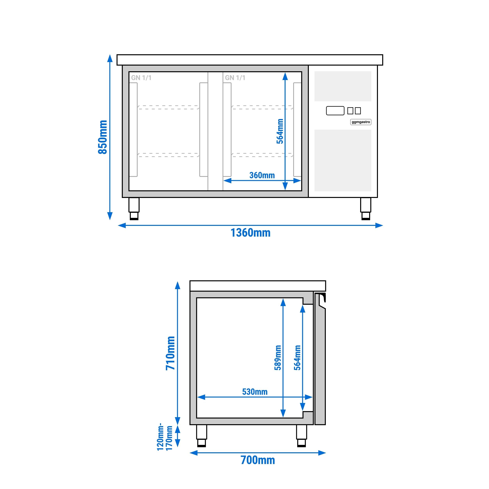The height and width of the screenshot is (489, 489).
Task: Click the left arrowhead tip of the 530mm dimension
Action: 197,397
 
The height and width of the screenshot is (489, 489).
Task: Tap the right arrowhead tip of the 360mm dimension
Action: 301,180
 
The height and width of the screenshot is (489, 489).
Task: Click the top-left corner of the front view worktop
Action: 117,55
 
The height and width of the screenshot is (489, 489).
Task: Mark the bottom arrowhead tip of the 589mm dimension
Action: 283,418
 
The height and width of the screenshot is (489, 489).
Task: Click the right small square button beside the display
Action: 358,111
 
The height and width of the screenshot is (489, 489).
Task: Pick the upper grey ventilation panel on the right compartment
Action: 343,86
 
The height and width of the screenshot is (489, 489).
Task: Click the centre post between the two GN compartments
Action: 215,131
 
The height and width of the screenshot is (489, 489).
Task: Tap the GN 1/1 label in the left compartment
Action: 141,78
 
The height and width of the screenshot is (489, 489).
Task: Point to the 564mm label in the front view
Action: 280,131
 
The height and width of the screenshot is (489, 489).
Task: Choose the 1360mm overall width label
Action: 251,233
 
